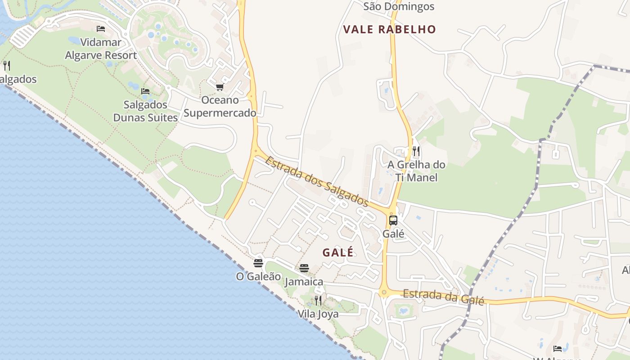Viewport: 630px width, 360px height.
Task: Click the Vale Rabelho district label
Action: (390, 30)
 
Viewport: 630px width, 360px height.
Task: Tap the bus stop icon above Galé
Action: (393, 220)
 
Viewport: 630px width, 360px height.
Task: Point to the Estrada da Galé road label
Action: (443, 297)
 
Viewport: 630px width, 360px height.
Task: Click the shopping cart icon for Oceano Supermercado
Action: (220, 87)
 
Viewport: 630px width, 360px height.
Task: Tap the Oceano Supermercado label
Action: (220, 106)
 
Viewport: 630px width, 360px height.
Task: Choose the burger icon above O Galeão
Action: (258, 263)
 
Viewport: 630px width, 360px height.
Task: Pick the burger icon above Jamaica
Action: (304, 268)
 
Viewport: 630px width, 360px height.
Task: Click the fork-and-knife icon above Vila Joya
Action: (318, 300)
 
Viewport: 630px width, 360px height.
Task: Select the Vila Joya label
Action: (318, 314)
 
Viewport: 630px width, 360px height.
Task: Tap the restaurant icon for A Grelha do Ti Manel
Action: (416, 151)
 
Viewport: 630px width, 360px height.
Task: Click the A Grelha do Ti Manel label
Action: (416, 171)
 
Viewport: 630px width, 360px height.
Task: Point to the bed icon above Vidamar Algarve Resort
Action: (101, 29)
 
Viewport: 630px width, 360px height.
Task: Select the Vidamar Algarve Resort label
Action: (101, 49)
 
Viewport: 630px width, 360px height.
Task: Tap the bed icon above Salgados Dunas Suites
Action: (145, 91)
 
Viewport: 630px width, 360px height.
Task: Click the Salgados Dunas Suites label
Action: (145, 111)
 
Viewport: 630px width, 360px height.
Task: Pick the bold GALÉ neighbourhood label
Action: (338, 252)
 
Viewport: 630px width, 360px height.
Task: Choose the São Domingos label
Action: (399, 6)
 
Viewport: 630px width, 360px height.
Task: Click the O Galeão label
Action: (258, 276)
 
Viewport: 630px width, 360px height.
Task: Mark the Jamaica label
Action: (304, 282)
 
